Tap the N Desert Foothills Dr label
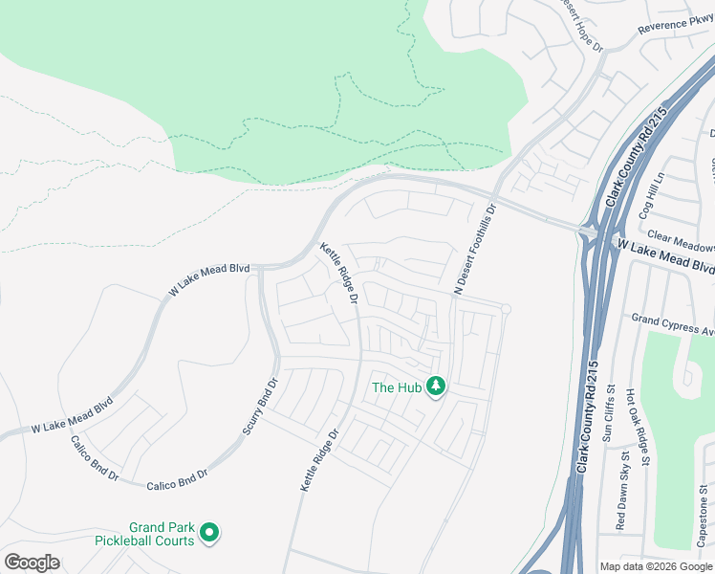pyautogui.click(x=474, y=250)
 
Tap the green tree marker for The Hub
pyautogui.click(x=436, y=386)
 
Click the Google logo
pyautogui.click(x=32, y=563)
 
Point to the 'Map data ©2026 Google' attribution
pyautogui.click(x=656, y=566)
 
